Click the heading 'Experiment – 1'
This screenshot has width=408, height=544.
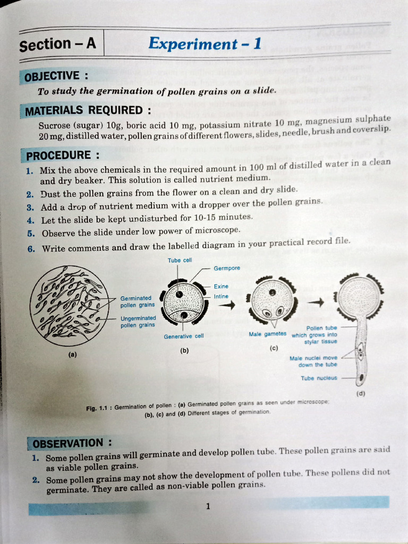click(x=205, y=43)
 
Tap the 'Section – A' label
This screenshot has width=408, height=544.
click(x=57, y=45)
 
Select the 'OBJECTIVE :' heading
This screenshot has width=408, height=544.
click(x=53, y=76)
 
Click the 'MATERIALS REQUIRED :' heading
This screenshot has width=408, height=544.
click(x=88, y=111)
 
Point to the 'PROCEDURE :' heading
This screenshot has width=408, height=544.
click(x=63, y=156)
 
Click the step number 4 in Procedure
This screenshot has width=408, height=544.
click(x=31, y=220)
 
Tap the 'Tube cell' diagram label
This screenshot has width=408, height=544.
click(x=180, y=260)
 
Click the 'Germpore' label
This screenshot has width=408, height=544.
click(x=227, y=269)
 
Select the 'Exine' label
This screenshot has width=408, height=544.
click(x=221, y=286)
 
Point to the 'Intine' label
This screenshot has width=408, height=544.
click(x=221, y=296)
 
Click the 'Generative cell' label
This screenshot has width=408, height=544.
click(x=183, y=336)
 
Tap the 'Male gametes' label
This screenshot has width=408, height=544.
click(x=267, y=334)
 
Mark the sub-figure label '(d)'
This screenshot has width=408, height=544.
click(x=361, y=394)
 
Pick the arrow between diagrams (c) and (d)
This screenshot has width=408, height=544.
click(x=316, y=301)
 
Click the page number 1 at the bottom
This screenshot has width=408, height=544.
click(x=208, y=506)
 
